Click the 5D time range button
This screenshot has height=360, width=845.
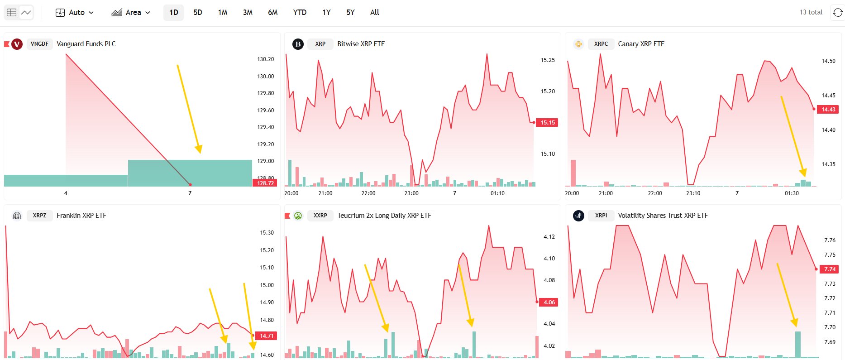click(x=198, y=12)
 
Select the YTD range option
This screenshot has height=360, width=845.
click(x=300, y=12)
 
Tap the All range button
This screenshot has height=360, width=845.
click(x=374, y=12)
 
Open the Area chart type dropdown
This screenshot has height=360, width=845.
click(x=131, y=12)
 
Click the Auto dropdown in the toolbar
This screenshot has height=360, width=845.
click(x=75, y=12)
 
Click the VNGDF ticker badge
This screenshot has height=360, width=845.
click(x=39, y=44)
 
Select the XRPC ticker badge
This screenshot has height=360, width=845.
click(x=601, y=44)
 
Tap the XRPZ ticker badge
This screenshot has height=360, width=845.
click(x=39, y=216)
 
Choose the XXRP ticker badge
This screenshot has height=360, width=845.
click(x=320, y=216)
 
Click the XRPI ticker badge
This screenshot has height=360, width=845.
click(x=601, y=216)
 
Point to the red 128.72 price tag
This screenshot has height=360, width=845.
click(x=265, y=183)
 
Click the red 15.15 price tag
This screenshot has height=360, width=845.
click(x=547, y=122)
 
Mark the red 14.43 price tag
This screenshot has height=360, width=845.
click(x=828, y=109)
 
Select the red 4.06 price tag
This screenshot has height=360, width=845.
click(x=549, y=302)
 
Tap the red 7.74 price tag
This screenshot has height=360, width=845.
click(x=830, y=269)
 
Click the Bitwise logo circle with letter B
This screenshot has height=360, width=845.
click(x=298, y=44)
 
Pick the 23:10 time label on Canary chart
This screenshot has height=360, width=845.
click(x=693, y=193)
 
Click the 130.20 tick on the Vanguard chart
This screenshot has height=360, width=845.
click(x=266, y=59)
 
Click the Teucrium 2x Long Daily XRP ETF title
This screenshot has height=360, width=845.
click(x=384, y=216)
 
